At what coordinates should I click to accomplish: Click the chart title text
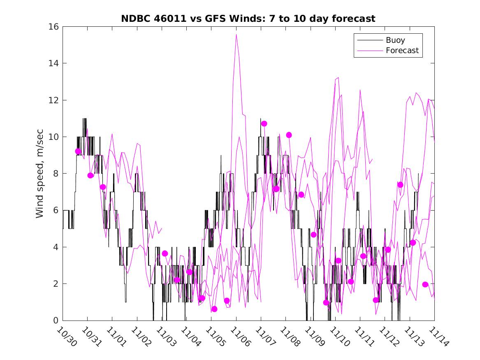click(248, 19)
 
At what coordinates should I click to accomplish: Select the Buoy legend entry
click(395, 40)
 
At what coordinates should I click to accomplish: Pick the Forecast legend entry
click(402, 51)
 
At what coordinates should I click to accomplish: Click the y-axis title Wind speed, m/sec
click(39, 174)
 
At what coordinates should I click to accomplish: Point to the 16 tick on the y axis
click(54, 27)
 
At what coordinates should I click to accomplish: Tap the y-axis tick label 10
click(54, 137)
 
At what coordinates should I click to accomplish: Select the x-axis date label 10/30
click(67, 336)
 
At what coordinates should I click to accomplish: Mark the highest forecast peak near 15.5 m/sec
click(236, 35)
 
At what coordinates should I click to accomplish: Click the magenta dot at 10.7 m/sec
click(264, 123)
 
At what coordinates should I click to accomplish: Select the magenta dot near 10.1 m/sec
click(289, 135)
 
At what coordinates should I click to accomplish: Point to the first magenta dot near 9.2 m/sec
click(78, 151)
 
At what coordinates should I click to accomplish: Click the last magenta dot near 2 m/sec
click(425, 284)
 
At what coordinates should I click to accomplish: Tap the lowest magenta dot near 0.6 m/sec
click(214, 309)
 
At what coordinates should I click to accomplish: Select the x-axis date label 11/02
click(141, 336)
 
